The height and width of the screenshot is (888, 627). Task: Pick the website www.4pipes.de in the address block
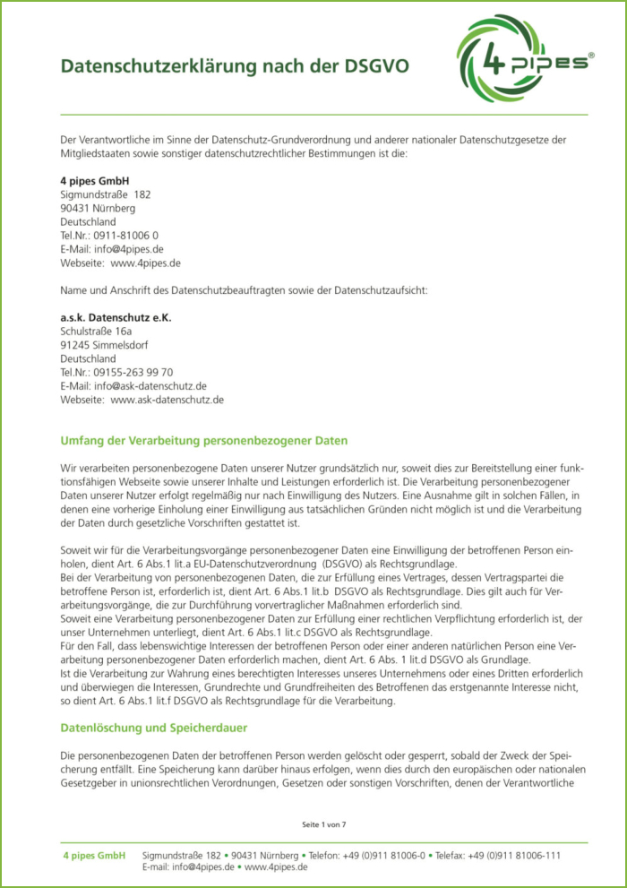point(146,263)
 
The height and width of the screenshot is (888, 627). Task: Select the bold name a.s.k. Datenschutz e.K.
point(116,317)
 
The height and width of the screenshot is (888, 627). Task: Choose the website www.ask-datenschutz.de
point(167,400)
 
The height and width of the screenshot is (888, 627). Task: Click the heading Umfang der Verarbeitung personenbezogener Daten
point(203,441)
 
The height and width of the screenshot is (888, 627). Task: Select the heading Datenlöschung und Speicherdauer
point(153,728)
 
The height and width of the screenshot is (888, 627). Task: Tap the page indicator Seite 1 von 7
point(323,823)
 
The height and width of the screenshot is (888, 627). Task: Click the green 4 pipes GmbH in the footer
point(94,856)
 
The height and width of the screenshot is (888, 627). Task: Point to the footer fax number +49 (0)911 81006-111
point(516,856)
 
